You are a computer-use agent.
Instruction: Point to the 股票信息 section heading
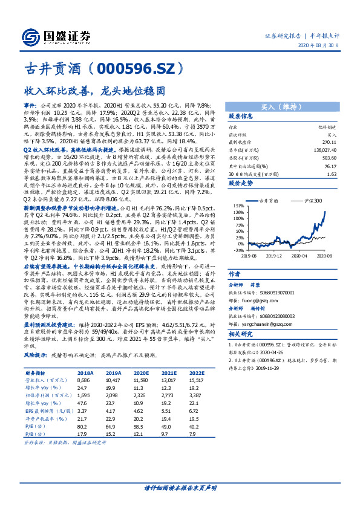point(241,116)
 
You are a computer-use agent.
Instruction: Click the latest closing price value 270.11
point(329,144)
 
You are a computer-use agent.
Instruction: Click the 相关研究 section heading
point(241,334)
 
